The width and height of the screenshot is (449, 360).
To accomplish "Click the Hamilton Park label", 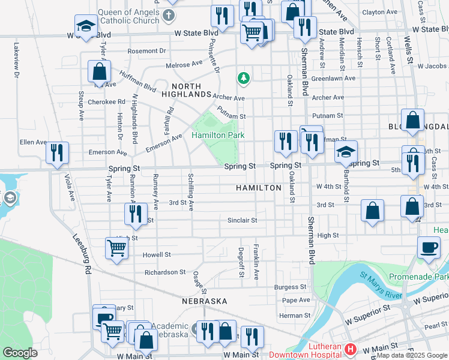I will click(218, 136).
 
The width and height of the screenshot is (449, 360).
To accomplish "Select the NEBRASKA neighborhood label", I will click(205, 301).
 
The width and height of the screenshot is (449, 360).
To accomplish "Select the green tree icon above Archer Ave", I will click(243, 77).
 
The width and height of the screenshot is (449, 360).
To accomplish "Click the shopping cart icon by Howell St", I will click(116, 247).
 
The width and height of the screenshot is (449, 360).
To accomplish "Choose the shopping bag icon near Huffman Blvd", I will click(99, 71).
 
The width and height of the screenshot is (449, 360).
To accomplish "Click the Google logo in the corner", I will click(20, 353).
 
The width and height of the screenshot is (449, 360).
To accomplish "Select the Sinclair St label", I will click(242, 220).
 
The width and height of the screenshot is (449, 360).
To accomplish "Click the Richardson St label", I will click(165, 272).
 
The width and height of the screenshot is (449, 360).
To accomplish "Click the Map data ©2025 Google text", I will click(412, 355).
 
